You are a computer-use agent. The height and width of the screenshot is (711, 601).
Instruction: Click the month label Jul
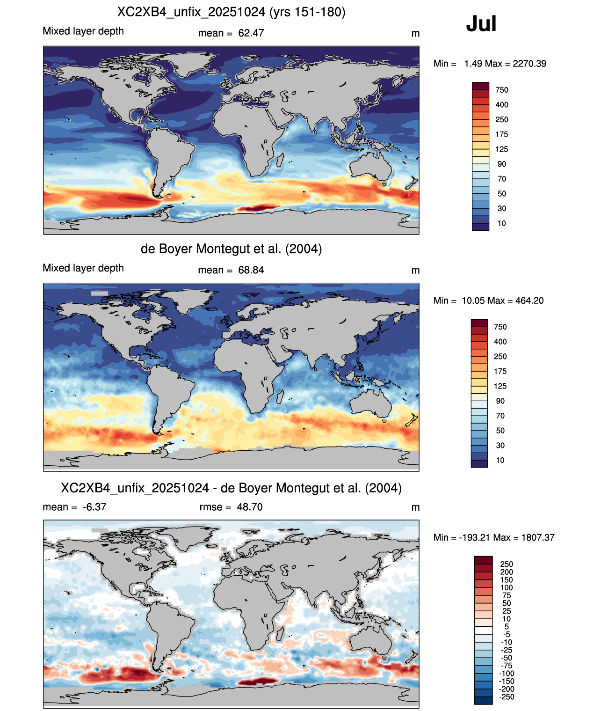coord(481,24)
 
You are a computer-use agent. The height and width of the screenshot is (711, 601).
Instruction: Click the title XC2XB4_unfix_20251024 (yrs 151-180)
coord(231,12)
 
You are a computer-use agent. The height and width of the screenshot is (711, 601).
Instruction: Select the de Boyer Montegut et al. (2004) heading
coord(231,249)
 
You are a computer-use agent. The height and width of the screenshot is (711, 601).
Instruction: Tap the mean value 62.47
coord(251,33)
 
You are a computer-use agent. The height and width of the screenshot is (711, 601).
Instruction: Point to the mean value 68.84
coord(251,270)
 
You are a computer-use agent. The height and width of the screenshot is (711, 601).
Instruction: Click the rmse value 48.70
coord(249,507)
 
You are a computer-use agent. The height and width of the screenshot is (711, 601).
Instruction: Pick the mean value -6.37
coord(94,507)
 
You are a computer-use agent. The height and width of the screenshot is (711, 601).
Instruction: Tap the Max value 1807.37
coord(538,537)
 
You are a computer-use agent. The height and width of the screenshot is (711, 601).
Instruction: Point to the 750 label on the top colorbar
coord(502,90)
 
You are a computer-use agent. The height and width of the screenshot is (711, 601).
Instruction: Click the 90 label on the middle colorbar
coord(500,401)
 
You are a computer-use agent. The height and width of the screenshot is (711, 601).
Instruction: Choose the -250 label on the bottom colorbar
coord(507,697)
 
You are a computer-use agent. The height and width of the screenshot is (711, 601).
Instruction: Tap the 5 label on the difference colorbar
coord(507,626)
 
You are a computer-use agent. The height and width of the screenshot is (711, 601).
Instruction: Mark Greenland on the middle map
coord(189,299)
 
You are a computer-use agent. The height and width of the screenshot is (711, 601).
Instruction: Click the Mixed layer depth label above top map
coord(83,31)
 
